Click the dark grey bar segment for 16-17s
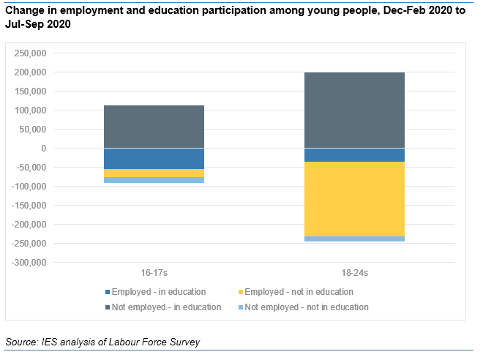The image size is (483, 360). coord(154,127)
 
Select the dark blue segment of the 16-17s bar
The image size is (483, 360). coord(154,159)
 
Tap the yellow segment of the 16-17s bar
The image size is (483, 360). coord(154,173)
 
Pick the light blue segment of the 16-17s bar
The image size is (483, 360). coord(154,179)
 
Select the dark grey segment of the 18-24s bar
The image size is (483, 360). coord(354,110)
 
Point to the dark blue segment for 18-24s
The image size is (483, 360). coord(354,155)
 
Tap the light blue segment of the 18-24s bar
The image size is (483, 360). coord(354,239)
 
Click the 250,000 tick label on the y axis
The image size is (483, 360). coord(29,53)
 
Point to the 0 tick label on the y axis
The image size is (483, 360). coord(43,149)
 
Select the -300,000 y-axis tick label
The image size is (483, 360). coord(28,263)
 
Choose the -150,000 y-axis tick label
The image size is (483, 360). coord(28,206)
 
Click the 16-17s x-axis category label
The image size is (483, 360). coord(154,273)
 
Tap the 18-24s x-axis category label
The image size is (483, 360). coord(354,273)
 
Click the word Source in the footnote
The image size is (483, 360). coord(21,342)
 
